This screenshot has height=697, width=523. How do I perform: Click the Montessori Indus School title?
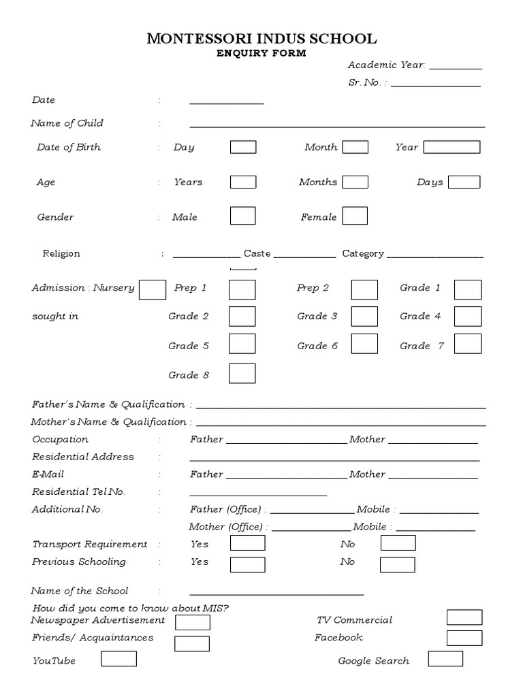pos(261,39)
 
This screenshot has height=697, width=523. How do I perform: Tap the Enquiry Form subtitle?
pos(261,53)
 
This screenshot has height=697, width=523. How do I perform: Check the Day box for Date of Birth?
pos(243,147)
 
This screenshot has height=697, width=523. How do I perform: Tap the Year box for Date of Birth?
pos(452,147)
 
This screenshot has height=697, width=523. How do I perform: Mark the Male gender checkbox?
pos(243,216)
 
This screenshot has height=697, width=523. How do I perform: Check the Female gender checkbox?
pos(355,216)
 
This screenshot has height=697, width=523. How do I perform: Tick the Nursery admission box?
pos(153,289)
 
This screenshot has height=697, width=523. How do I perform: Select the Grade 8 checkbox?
pos(242,374)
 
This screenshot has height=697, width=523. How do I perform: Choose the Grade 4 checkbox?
pos(468,317)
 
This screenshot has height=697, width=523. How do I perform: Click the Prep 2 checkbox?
pos(364,289)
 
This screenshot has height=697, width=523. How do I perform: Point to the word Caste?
pos(257,254)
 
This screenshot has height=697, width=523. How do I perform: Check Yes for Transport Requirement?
pos(247,543)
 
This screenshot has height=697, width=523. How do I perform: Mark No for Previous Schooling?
pos(398,564)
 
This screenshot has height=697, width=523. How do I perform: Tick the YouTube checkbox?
pos(118,659)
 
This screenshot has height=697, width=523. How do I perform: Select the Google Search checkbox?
pos(445,659)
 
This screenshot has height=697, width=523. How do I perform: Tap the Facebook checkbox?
pos(464,638)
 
